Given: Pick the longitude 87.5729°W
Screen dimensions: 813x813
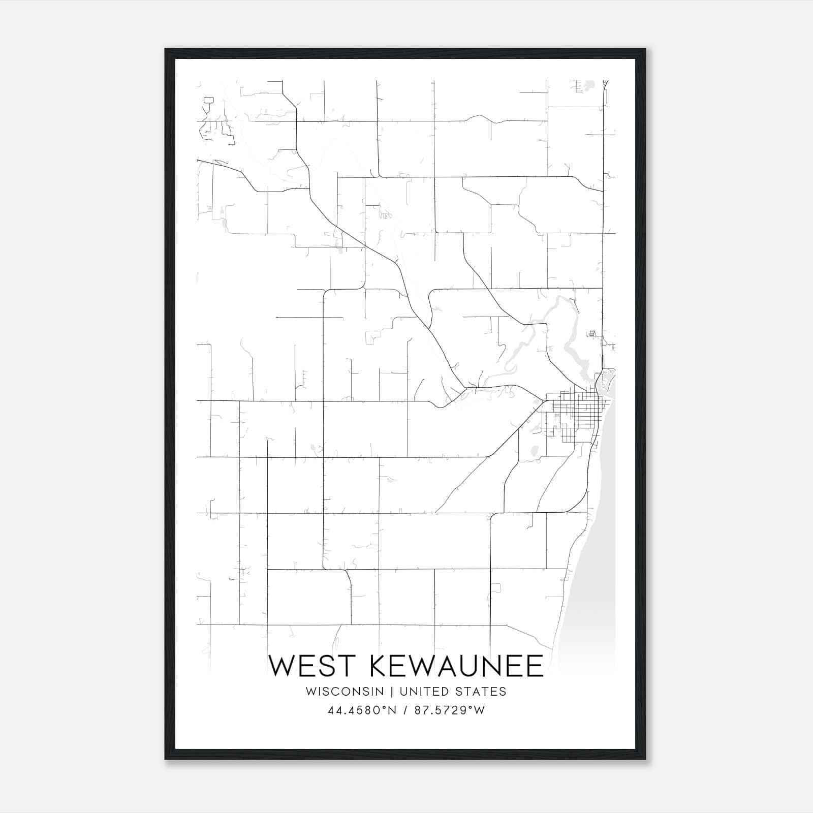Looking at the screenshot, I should coord(450,710).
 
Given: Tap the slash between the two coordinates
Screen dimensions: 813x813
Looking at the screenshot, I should coord(405,710).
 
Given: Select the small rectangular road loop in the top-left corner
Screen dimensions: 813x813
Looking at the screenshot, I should coord(208,100).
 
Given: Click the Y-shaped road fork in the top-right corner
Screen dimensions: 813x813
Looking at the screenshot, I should coord(605,84).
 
